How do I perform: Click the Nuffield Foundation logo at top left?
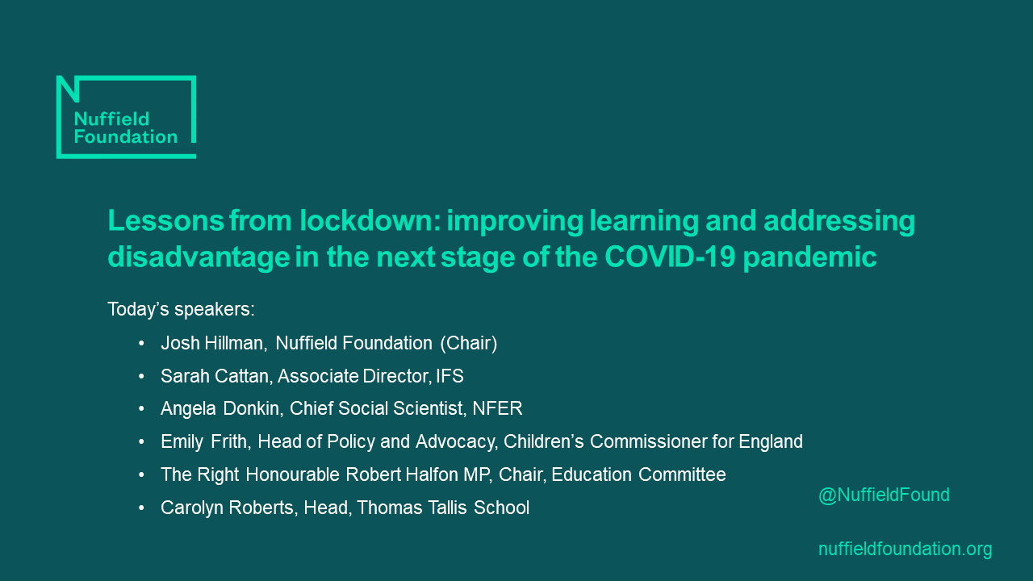(126, 117)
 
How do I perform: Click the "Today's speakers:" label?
(181, 309)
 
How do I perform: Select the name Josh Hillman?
(213, 343)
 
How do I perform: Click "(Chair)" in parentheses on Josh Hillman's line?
(468, 343)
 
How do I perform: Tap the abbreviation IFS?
(450, 376)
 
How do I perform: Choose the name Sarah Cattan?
(211, 376)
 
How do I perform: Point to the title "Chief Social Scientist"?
(375, 409)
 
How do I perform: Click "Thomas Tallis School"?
(443, 508)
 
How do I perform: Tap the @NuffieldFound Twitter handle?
(884, 495)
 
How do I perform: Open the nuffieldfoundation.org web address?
(905, 550)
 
